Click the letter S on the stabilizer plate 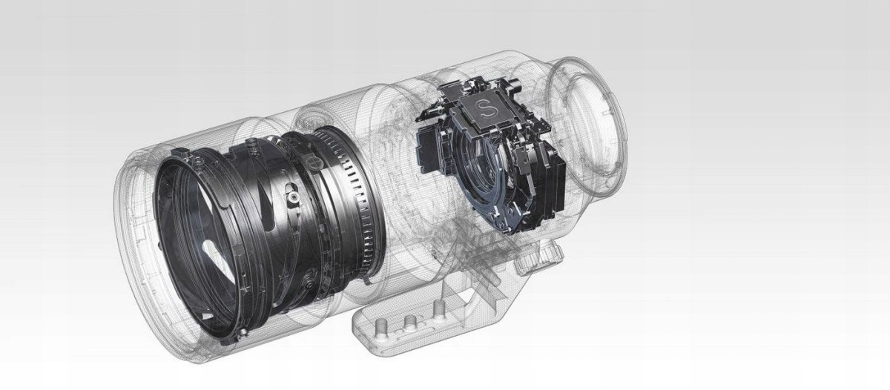click(x=484, y=108)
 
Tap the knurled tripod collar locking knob click(x=541, y=259)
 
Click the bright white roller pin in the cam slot click(x=293, y=196)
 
